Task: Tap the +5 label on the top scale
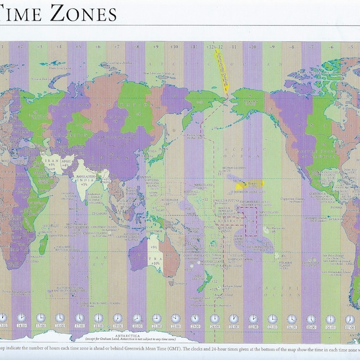tap(78, 46)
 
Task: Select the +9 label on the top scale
tap(155, 46)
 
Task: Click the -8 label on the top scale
tap(292, 46)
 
